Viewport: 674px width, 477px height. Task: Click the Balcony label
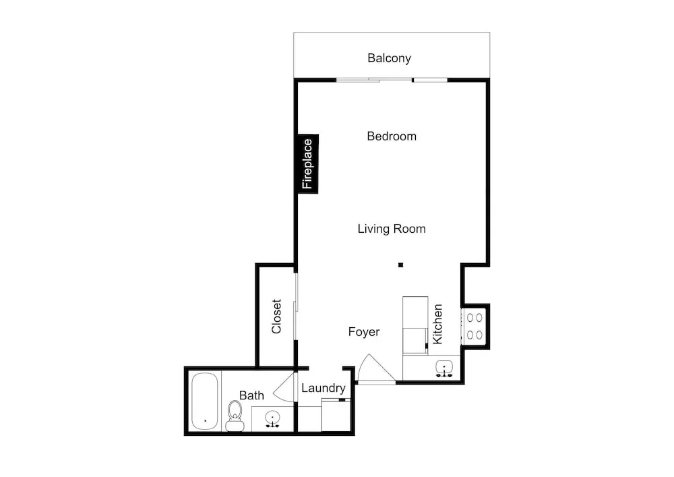point(389,58)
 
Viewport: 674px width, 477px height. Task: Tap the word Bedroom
point(392,136)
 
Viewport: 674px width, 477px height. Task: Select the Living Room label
point(392,229)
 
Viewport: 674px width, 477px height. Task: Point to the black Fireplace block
point(308,164)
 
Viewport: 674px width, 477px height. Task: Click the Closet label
point(276,316)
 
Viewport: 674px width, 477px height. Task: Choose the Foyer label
point(364,332)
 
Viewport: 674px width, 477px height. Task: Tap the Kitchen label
point(437,325)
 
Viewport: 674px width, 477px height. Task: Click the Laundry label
point(324,389)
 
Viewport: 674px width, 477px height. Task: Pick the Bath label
point(251,395)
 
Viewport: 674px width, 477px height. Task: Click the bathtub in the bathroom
point(205,401)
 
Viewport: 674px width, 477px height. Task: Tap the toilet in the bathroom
point(235,416)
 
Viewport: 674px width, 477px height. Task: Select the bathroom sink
point(272,418)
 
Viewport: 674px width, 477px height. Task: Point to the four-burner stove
point(474,326)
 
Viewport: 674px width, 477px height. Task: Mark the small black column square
point(400,265)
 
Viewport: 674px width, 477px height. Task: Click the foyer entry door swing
point(375,369)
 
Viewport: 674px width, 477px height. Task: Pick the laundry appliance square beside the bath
point(336,415)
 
